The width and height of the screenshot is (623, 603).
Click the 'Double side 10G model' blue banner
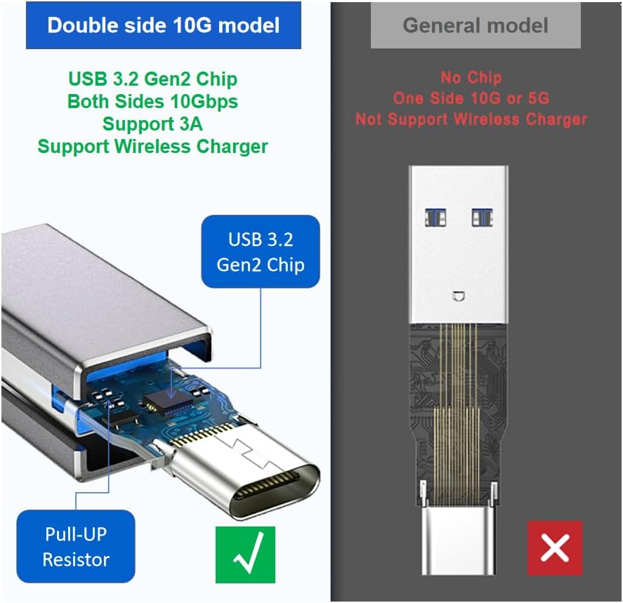pos(163,25)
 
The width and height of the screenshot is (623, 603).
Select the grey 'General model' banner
pos(476,26)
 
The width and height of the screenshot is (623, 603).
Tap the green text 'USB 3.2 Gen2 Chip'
pos(152,79)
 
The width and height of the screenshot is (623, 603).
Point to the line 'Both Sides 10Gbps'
pos(152,101)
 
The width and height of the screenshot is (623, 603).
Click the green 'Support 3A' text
pos(152,124)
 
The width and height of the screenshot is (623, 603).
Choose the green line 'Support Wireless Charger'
pos(152,146)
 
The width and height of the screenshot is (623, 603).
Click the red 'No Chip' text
pos(471,77)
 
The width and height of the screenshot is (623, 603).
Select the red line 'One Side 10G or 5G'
pos(471,98)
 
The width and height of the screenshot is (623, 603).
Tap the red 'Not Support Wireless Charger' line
pos(471,119)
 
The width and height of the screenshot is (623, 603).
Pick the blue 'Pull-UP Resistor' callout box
pos(76,547)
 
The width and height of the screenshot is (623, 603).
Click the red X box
pos(555,548)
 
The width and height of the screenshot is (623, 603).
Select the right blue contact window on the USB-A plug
pos(481,217)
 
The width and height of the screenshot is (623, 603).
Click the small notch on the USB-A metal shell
pos(459,296)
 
